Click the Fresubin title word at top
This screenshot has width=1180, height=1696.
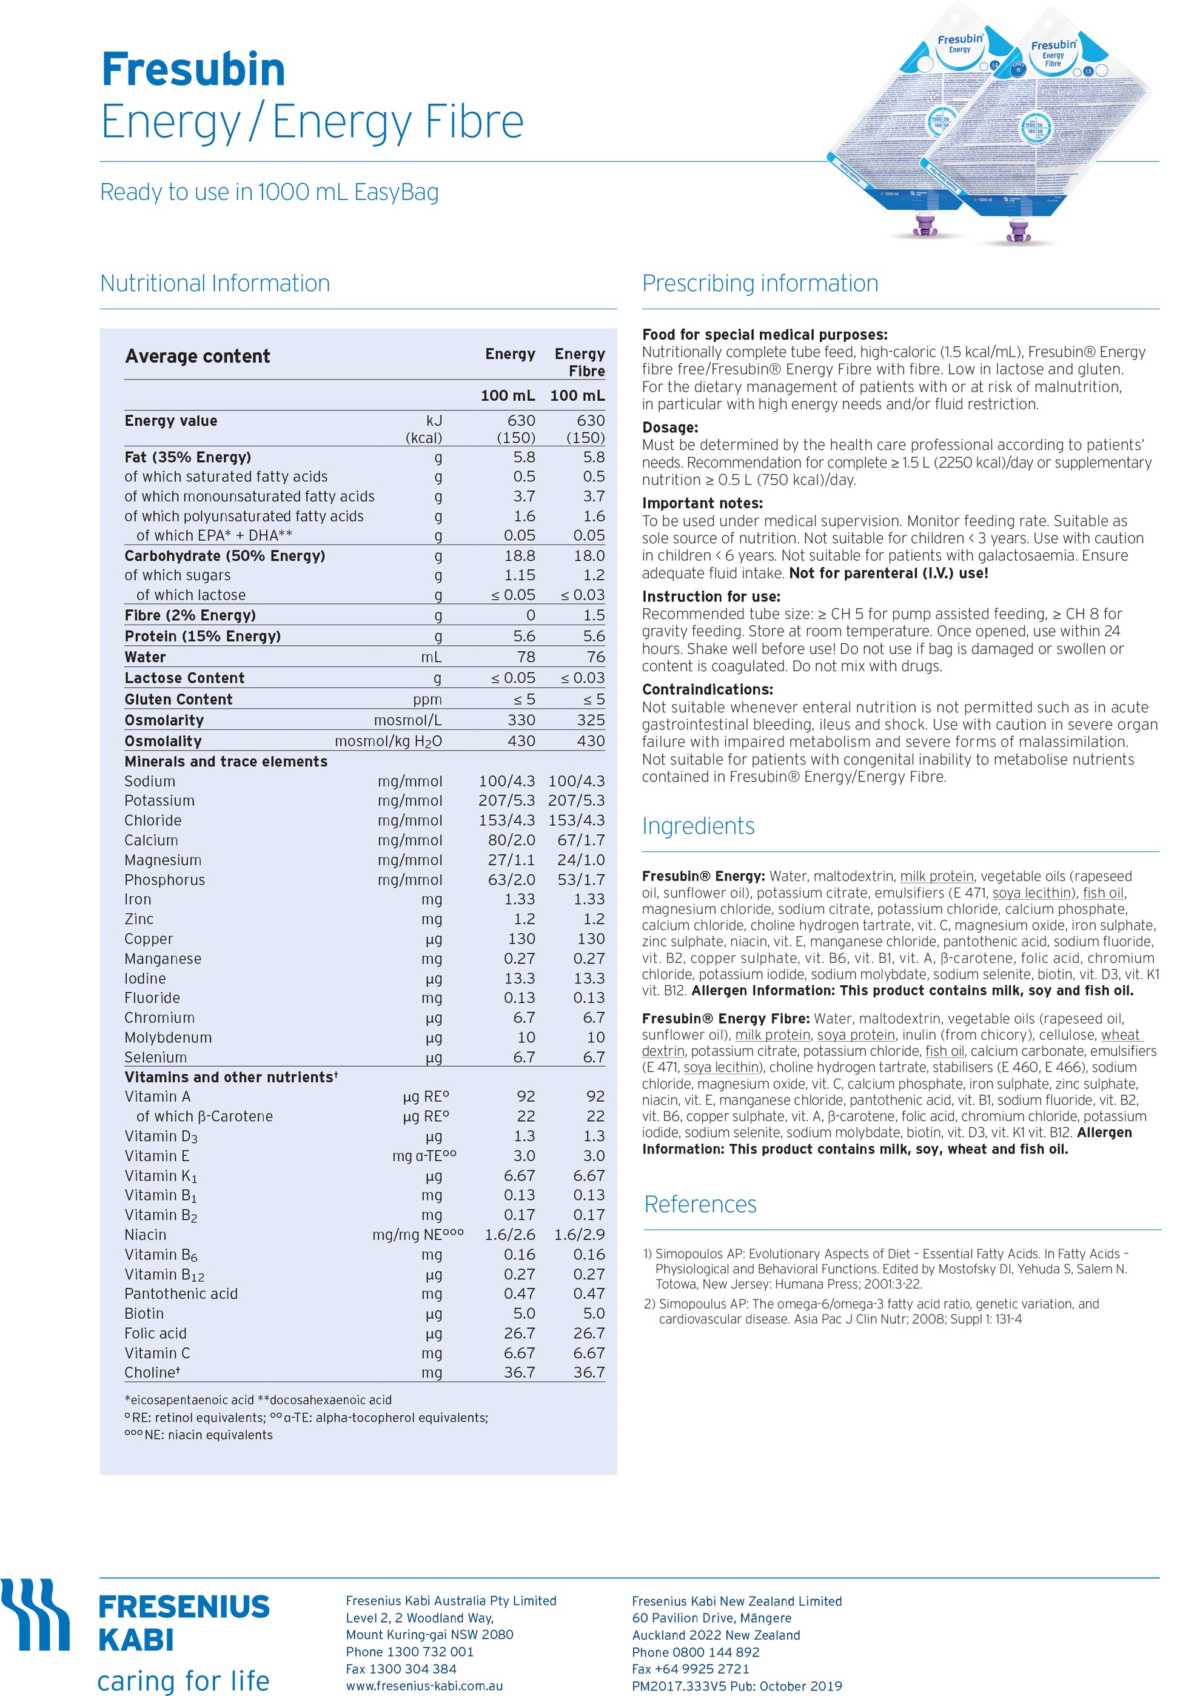[x=193, y=70]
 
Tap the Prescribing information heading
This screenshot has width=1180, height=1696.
[x=760, y=283]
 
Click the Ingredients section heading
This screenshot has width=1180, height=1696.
[x=697, y=825]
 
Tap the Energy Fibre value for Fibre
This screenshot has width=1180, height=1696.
[x=593, y=615]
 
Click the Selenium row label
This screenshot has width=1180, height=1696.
[x=155, y=1057]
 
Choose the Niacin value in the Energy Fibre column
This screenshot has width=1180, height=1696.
[x=579, y=1235]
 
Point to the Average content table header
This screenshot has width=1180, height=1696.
[x=197, y=356]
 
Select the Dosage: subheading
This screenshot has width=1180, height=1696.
[x=669, y=427]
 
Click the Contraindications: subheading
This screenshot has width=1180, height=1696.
[x=707, y=689]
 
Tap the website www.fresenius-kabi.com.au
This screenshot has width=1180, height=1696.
[x=424, y=1686]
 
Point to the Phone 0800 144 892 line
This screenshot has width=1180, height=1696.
[x=696, y=1652]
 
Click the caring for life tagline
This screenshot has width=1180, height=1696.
[x=183, y=1680]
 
